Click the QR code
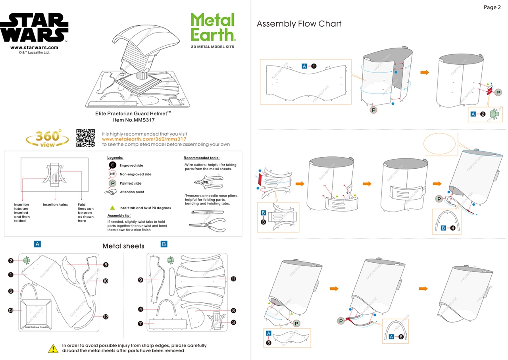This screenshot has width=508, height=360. tap(85, 138)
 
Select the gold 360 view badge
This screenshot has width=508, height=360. tap(47, 138)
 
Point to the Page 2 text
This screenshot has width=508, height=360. tap(492, 7)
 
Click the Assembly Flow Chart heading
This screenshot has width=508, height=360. tap(299, 24)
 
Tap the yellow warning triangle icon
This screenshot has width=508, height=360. tap(53, 348)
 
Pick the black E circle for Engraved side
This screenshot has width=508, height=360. tap(113, 165)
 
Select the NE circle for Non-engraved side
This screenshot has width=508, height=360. tap(113, 174)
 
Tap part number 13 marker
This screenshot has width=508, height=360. tap(11, 310)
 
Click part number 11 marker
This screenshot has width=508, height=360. tap(233, 279)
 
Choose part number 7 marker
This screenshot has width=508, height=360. tap(140, 323)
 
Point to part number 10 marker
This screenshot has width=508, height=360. tap(106, 281)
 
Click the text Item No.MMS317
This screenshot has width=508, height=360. tap(133, 119)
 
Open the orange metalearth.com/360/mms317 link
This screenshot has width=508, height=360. tap(144, 139)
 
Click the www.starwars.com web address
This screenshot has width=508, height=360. tap(34, 48)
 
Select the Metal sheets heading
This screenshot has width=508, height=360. tap(123, 246)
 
